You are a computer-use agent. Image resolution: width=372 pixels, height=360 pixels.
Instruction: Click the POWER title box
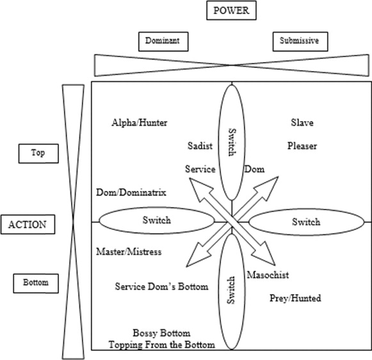(232, 11)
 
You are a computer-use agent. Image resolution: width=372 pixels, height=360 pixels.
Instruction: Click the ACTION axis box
(28, 225)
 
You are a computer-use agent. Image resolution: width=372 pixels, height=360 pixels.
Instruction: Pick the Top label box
(37, 153)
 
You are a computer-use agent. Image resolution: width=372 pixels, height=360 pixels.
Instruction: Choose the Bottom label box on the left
(35, 282)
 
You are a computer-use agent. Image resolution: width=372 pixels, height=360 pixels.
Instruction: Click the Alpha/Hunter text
(139, 122)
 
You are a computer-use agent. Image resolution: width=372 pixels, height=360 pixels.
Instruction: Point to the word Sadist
(200, 145)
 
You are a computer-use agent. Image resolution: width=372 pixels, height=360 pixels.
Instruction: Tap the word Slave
(302, 122)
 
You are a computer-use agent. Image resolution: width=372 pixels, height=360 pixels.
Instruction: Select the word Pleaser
(302, 145)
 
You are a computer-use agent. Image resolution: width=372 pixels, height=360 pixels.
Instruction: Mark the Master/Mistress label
(128, 252)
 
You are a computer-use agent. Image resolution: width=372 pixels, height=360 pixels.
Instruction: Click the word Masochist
(268, 275)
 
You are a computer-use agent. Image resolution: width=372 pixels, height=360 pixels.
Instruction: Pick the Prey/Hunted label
(295, 298)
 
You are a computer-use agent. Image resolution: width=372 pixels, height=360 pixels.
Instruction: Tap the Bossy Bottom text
(161, 333)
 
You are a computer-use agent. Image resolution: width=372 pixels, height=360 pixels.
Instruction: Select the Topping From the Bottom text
(161, 345)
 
